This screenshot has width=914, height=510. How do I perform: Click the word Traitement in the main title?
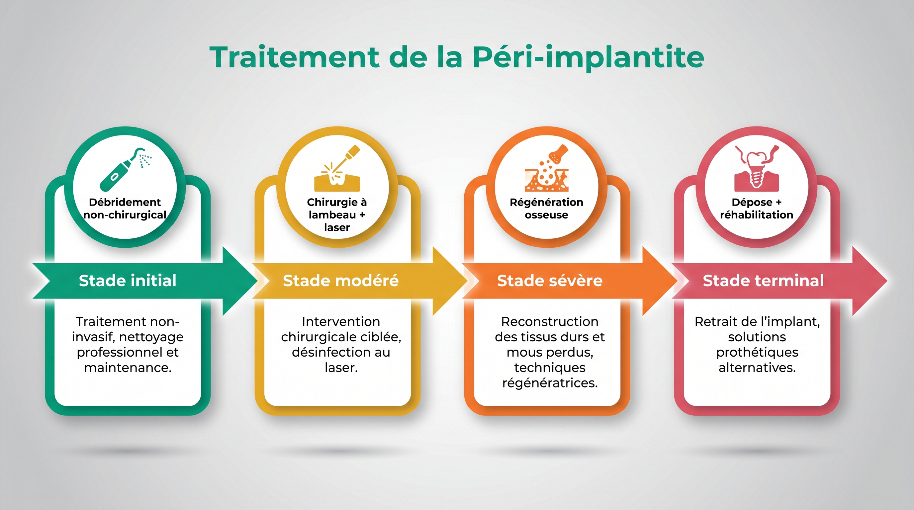click(x=294, y=57)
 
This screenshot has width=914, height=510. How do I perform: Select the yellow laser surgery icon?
click(x=337, y=168)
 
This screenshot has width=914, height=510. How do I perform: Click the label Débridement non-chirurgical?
click(x=125, y=209)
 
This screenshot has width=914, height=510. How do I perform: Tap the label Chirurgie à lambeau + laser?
click(x=337, y=214)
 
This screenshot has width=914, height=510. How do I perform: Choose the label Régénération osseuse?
click(x=546, y=209)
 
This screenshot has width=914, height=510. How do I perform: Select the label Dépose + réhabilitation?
click(x=757, y=209)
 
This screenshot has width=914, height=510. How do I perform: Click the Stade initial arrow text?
click(x=128, y=281)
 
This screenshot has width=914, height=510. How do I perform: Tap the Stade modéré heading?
click(x=341, y=281)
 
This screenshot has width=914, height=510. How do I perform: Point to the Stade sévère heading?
click(x=550, y=281)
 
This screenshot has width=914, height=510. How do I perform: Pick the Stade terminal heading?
click(x=763, y=281)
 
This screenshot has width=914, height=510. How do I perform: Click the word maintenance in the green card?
click(x=128, y=368)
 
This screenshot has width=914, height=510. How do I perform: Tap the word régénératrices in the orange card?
click(x=550, y=383)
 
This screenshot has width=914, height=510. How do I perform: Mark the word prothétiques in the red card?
click(x=757, y=353)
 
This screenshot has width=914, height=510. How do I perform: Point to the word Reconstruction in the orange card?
click(x=550, y=322)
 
